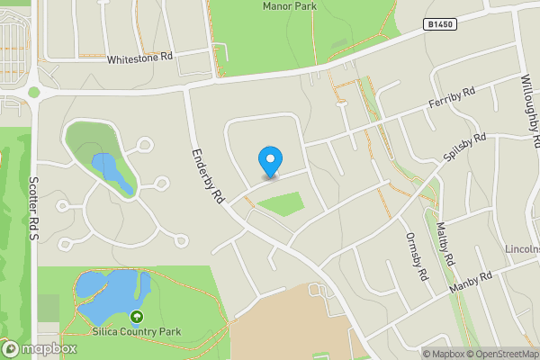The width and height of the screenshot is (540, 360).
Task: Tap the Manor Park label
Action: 289,6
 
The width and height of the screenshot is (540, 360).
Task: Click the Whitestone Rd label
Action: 139,58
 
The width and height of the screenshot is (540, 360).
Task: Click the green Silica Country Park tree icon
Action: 137,316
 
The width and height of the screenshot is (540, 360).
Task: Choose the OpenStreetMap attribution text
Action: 499,354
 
